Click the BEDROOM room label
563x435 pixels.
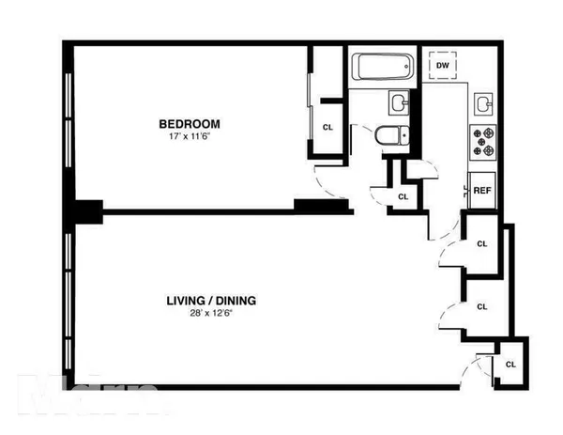pos(189,123)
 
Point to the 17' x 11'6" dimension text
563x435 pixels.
pos(189,137)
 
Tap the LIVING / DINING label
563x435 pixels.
pos(211,302)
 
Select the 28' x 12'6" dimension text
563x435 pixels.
pos(211,316)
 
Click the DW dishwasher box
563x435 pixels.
pos(444,65)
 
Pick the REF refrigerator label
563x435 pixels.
pos(482,191)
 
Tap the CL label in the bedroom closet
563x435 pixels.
pos(327,127)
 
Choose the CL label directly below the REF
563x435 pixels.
pos(482,243)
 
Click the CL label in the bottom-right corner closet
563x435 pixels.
pos(510,364)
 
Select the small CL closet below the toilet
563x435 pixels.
pos(403,196)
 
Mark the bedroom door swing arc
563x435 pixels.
pos(330,179)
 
